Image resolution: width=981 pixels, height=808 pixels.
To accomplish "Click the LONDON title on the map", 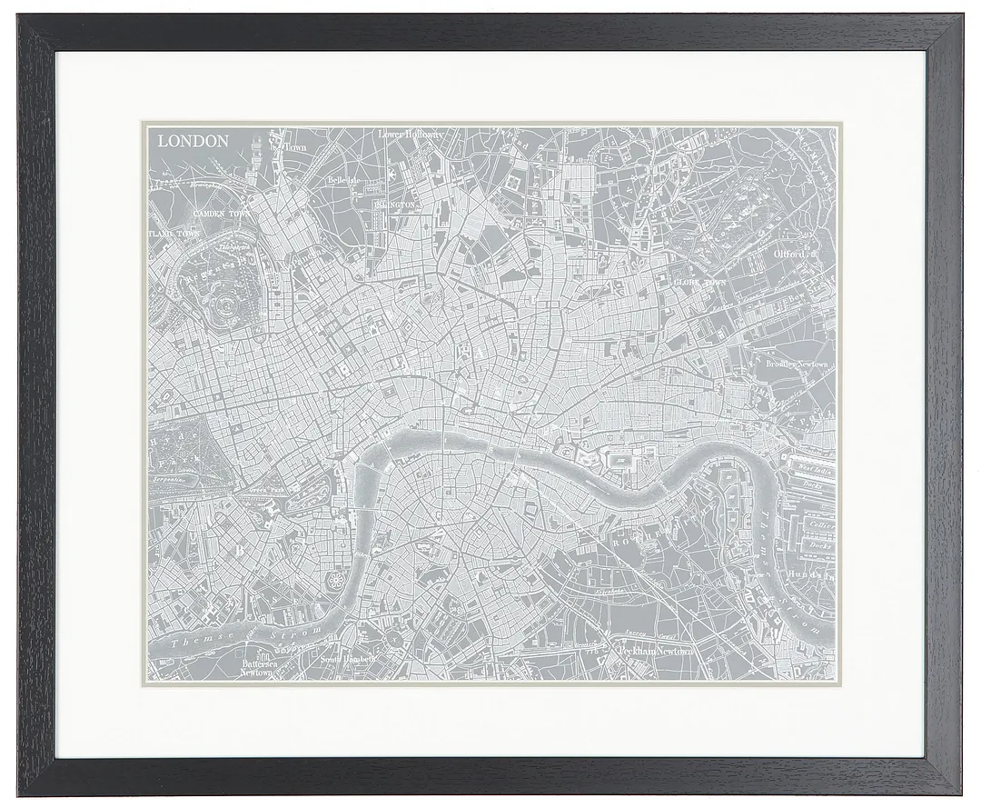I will coord(193,141).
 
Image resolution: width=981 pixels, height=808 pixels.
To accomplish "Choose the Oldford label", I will coord(790,255).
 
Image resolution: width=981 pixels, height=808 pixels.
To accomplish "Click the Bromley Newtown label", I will coord(797,364).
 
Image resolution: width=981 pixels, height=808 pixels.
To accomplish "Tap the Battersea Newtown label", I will coord(256,668).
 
